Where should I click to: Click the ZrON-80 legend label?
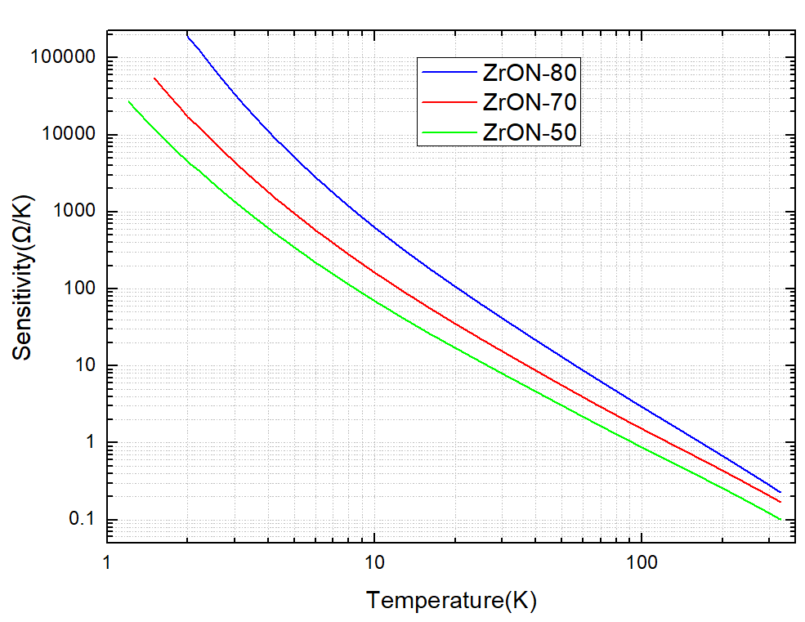coord(530,73)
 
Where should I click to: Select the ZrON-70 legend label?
coord(530,102)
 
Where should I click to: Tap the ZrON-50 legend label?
coord(530,132)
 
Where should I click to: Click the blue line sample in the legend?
coord(449,73)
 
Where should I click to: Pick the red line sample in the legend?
coord(449,102)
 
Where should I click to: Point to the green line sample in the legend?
coord(449,132)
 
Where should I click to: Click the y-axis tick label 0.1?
coord(84,520)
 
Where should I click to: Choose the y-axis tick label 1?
coord(91,443)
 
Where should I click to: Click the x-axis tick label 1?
coord(107,563)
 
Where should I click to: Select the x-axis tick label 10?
coord(373,563)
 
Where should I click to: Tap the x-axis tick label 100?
coord(641,563)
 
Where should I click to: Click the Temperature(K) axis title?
coord(451,602)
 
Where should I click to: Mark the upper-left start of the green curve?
coord(129,101)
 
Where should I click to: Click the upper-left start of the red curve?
coord(154,78)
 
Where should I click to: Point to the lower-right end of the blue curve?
coord(780,492)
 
